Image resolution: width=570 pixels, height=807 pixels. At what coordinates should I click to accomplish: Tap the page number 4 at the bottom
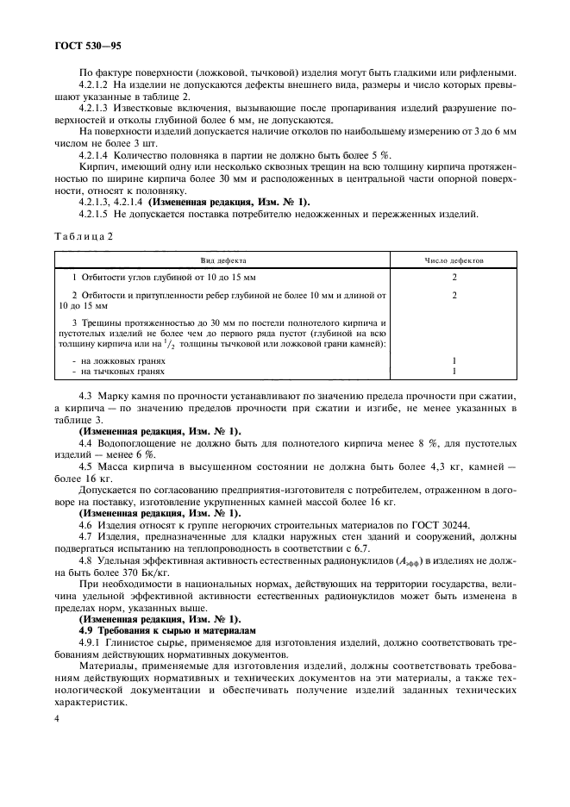coord(56,717)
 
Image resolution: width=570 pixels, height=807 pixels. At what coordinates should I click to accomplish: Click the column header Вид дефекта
coord(222,259)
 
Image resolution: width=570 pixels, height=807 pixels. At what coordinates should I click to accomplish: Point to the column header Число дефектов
coord(453,259)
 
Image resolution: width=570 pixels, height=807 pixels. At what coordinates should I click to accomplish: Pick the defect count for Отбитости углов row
coord(453,277)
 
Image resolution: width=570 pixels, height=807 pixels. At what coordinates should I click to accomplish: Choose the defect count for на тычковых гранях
coord(453,372)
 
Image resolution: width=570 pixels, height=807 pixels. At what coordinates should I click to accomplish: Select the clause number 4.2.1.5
coord(97,212)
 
